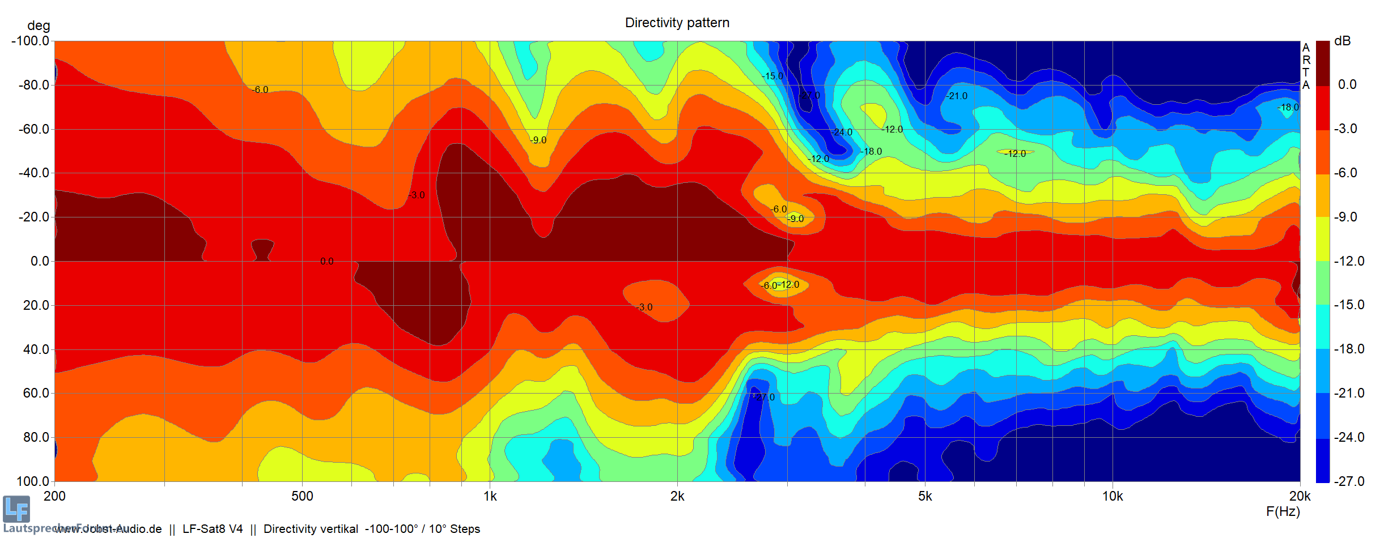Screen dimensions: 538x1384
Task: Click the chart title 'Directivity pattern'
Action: tap(677, 23)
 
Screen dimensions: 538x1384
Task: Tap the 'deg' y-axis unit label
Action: tap(39, 25)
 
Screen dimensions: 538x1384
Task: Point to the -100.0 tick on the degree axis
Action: tap(31, 41)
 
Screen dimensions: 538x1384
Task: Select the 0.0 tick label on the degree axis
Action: tap(40, 261)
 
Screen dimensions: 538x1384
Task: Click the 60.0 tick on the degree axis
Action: tap(36, 393)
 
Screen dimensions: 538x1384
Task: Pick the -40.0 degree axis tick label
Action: tap(34, 173)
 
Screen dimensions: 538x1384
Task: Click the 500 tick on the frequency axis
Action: tap(302, 496)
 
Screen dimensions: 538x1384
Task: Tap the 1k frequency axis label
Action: tap(490, 496)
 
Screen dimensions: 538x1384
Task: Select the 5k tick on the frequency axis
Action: tap(925, 496)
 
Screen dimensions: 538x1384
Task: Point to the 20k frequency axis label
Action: tap(1300, 496)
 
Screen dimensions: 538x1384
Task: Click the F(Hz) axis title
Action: tap(1283, 511)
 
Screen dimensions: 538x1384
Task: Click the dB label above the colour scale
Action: tap(1343, 41)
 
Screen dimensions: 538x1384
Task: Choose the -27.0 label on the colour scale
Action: tap(1349, 481)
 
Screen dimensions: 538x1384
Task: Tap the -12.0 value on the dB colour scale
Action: tap(1349, 261)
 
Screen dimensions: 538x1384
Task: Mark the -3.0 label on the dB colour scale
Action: tap(1345, 129)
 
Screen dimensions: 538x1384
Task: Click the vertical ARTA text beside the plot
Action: tap(1306, 66)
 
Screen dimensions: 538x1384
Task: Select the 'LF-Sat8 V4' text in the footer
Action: tap(213, 529)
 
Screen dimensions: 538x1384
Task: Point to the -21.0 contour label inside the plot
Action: tap(957, 96)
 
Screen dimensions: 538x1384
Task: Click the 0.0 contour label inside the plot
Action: tap(326, 261)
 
